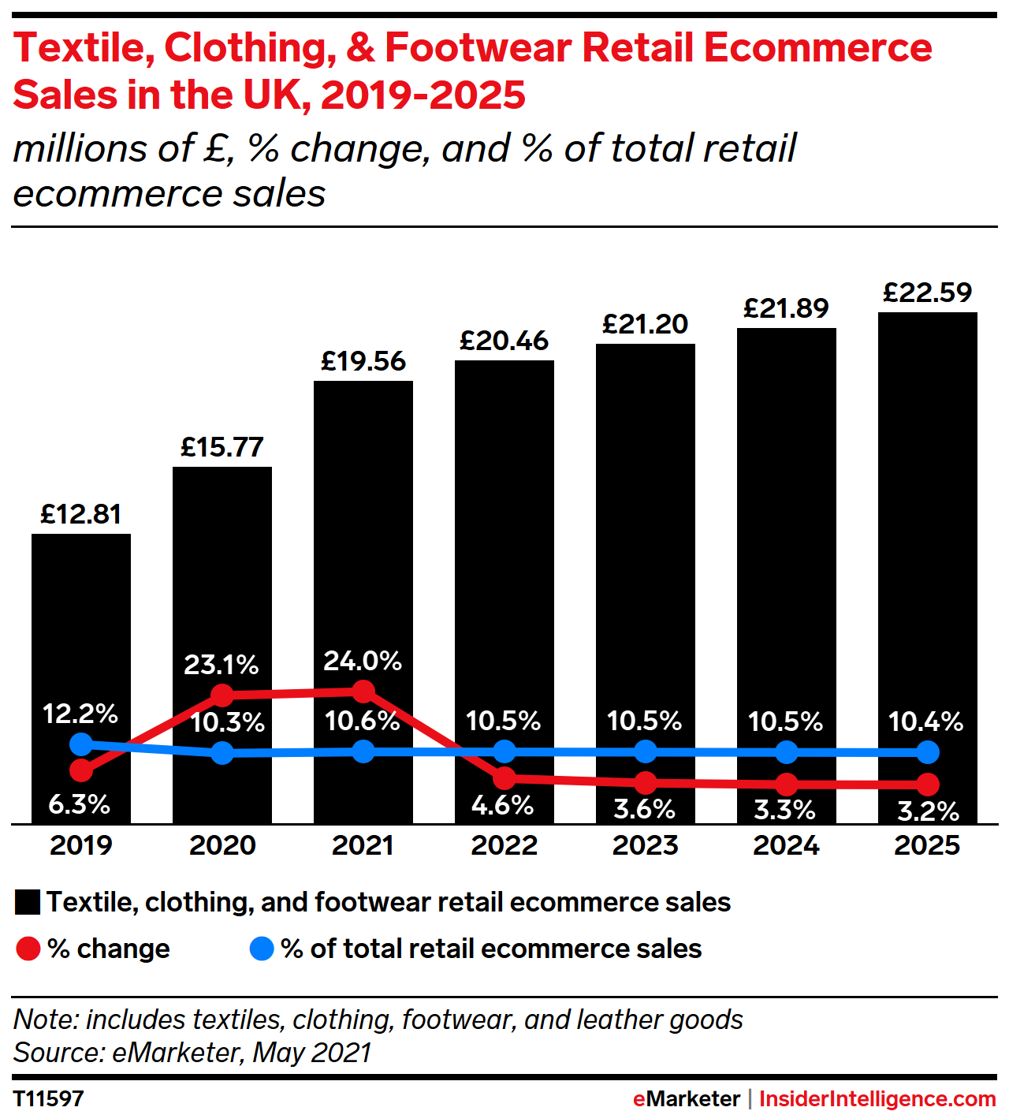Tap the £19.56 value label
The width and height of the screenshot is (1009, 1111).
(363, 362)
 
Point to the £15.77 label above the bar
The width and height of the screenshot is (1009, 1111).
(222, 448)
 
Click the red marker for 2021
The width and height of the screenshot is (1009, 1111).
(363, 692)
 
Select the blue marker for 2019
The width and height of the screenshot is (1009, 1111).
(80, 744)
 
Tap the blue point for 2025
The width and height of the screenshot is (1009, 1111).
(929, 752)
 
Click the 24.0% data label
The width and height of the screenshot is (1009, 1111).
(363, 661)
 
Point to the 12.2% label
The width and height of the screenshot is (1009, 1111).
(80, 714)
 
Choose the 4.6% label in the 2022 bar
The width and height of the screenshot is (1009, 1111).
(503, 806)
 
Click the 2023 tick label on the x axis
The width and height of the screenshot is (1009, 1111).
(646, 846)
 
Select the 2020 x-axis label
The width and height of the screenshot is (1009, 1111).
(222, 846)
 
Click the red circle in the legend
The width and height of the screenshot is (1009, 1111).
(28, 949)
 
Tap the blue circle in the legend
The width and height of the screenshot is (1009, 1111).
(262, 949)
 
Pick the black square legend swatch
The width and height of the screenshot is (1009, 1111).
(28, 903)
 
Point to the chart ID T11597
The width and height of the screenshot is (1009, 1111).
(49, 1098)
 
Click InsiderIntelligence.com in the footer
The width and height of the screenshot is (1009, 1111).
(877, 1098)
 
